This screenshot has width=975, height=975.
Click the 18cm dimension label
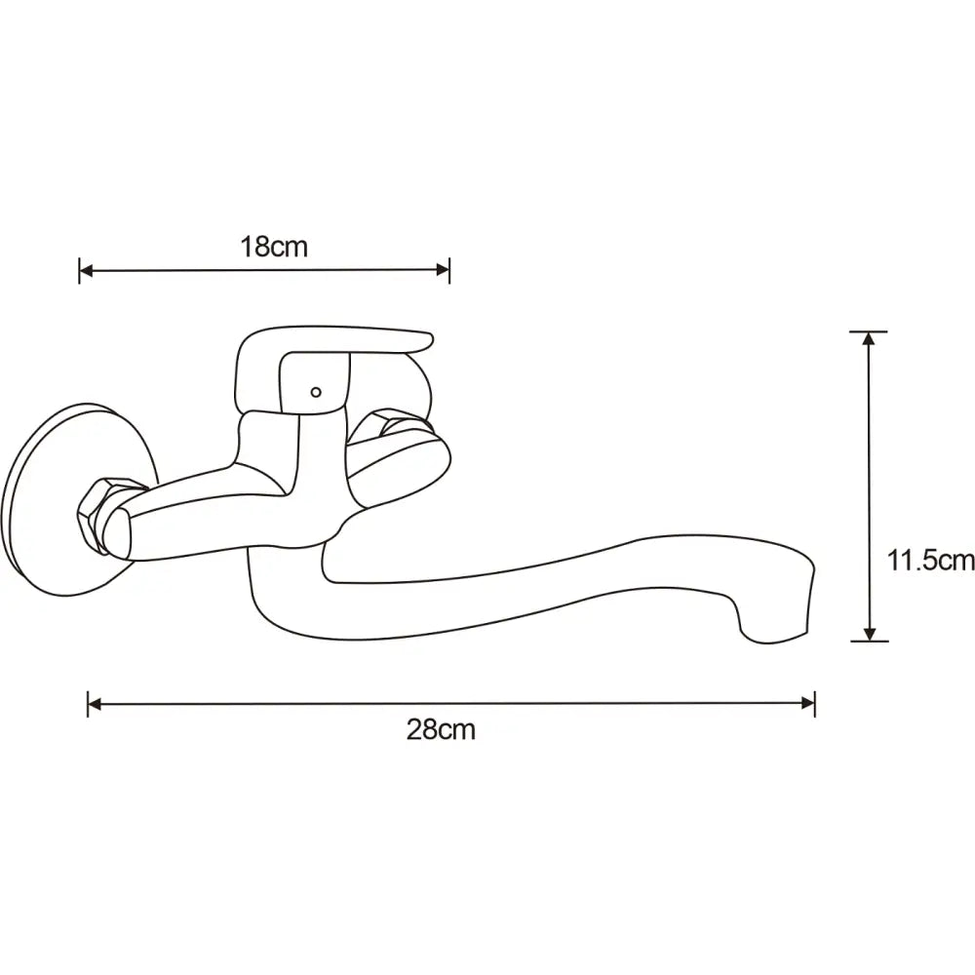(x=274, y=247)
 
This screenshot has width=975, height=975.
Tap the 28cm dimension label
(x=441, y=729)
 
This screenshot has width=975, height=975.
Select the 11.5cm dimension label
(x=930, y=560)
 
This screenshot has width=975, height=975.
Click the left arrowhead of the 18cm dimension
(x=85, y=271)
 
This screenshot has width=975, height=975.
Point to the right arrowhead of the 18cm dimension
(x=444, y=271)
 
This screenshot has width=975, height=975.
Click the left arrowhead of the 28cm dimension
(x=94, y=703)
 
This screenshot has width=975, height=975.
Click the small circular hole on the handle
(x=315, y=393)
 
